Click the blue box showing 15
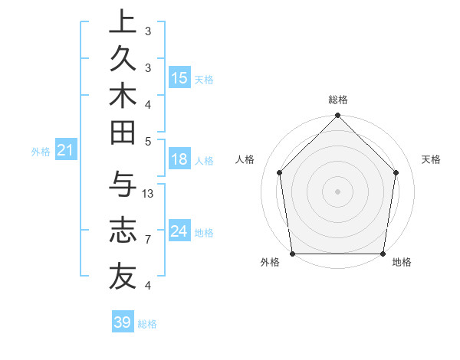179,77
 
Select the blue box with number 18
179,159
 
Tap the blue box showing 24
179,231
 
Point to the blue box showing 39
123,322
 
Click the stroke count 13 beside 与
149,194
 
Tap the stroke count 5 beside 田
147,141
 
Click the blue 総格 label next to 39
148,324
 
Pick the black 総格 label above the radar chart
338,100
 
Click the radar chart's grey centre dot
338,191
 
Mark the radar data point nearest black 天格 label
396,172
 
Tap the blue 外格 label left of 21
40,152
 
